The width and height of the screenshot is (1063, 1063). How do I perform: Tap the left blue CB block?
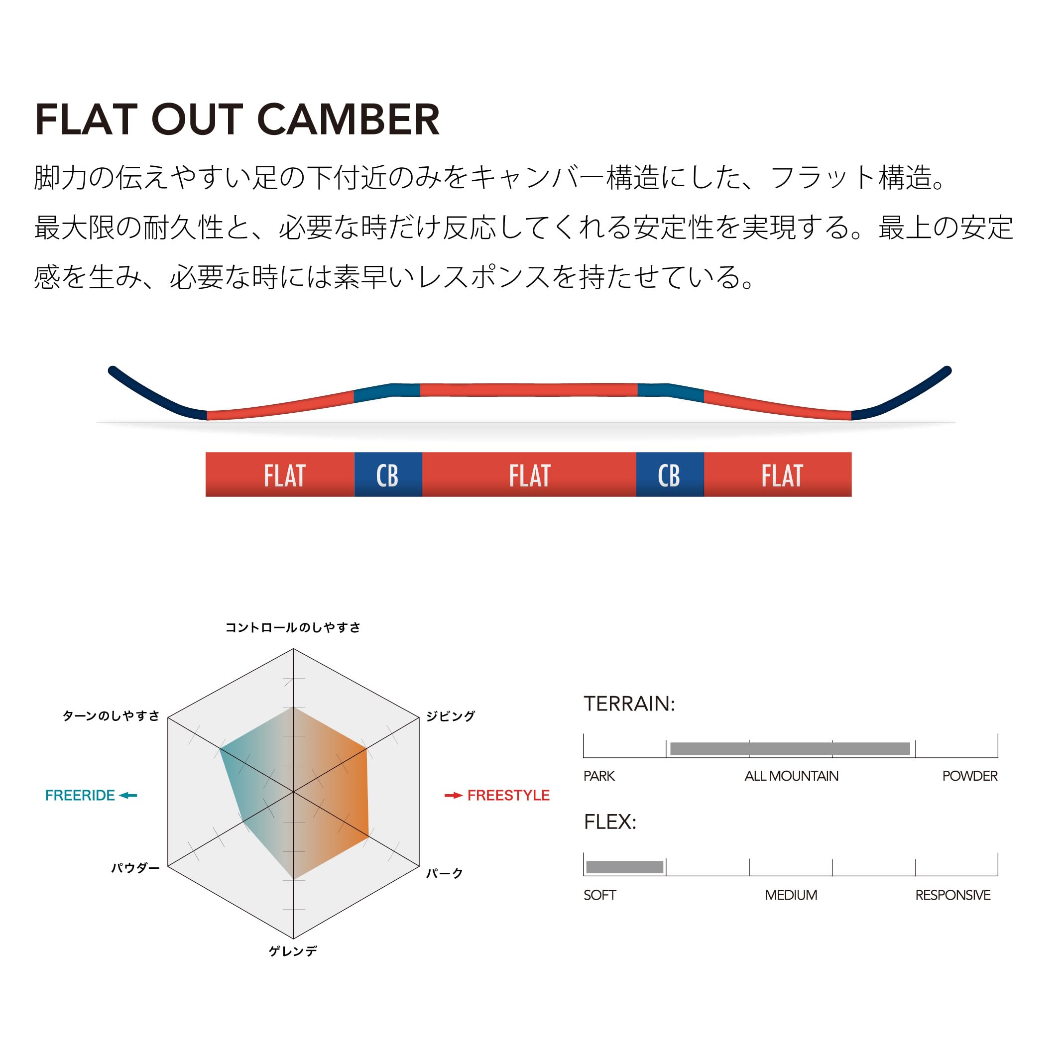pos(388,475)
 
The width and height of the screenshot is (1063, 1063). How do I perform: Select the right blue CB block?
pos(670,475)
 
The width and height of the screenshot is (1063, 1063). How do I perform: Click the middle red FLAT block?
pos(529,475)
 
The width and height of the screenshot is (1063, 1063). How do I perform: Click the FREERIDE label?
pos(80,795)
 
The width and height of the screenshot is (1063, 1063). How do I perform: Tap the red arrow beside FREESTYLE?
pos(454,795)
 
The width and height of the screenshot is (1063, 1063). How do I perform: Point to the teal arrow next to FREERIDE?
pos(128,795)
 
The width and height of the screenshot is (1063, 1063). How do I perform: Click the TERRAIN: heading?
pos(629,704)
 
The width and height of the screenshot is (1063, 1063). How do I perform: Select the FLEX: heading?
pos(609,822)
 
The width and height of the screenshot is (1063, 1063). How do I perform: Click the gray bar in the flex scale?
pos(624,867)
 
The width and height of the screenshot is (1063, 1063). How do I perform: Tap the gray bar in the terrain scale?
pos(790,748)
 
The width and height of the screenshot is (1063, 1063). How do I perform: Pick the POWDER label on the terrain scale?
pos(969,776)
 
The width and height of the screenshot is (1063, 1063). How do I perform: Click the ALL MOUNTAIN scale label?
pos(791,776)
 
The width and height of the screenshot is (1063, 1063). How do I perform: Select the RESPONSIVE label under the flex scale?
pos(952,895)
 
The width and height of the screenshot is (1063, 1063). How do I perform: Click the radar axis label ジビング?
pos(450,716)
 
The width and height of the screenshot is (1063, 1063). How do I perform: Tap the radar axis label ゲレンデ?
pos(293,951)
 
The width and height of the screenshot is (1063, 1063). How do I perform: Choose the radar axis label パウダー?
pos(135,868)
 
